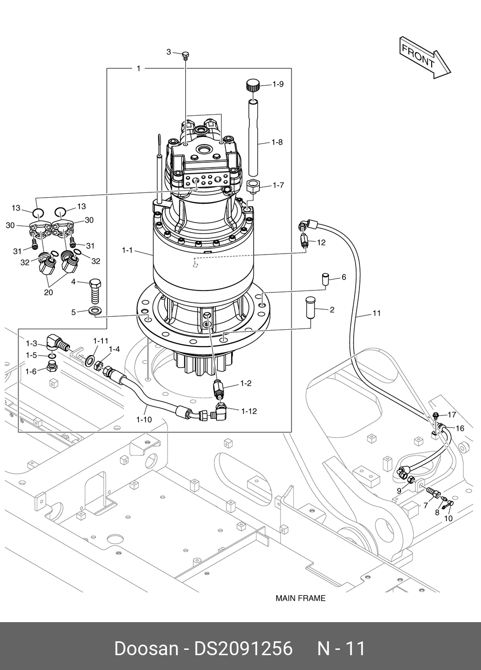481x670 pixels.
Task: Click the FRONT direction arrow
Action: (x=425, y=57)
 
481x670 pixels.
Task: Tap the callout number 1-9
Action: (x=278, y=84)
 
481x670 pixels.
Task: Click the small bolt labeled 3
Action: (x=186, y=56)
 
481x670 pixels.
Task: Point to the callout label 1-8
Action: (x=277, y=143)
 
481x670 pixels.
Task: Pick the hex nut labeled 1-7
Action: (x=253, y=187)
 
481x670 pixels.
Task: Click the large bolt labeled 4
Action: (x=95, y=291)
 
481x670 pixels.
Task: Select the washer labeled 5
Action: (x=95, y=311)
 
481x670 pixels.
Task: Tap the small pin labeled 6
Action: (x=325, y=279)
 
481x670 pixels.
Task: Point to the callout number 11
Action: (x=377, y=313)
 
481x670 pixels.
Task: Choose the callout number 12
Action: (x=321, y=243)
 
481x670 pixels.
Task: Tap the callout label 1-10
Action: (x=144, y=420)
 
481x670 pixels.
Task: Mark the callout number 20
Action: (x=48, y=292)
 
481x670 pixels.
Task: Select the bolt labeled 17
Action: (x=436, y=416)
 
